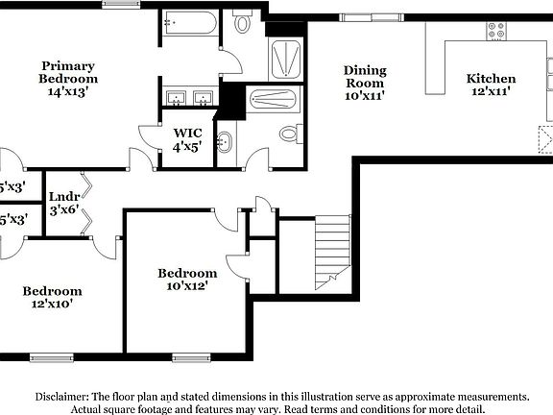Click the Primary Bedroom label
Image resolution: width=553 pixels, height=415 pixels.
click(x=68, y=79)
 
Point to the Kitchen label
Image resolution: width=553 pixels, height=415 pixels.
click(x=491, y=85)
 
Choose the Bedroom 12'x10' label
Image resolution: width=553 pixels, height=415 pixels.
click(x=52, y=297)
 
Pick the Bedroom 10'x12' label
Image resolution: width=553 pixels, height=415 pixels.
click(x=187, y=280)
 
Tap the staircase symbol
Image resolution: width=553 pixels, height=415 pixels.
click(x=332, y=252)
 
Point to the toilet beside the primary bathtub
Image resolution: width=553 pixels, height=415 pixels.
click(x=242, y=23)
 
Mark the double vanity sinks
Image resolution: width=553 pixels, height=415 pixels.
click(x=189, y=98)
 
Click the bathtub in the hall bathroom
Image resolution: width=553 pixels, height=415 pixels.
click(x=275, y=101)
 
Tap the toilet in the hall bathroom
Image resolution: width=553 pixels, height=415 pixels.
click(x=289, y=133)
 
